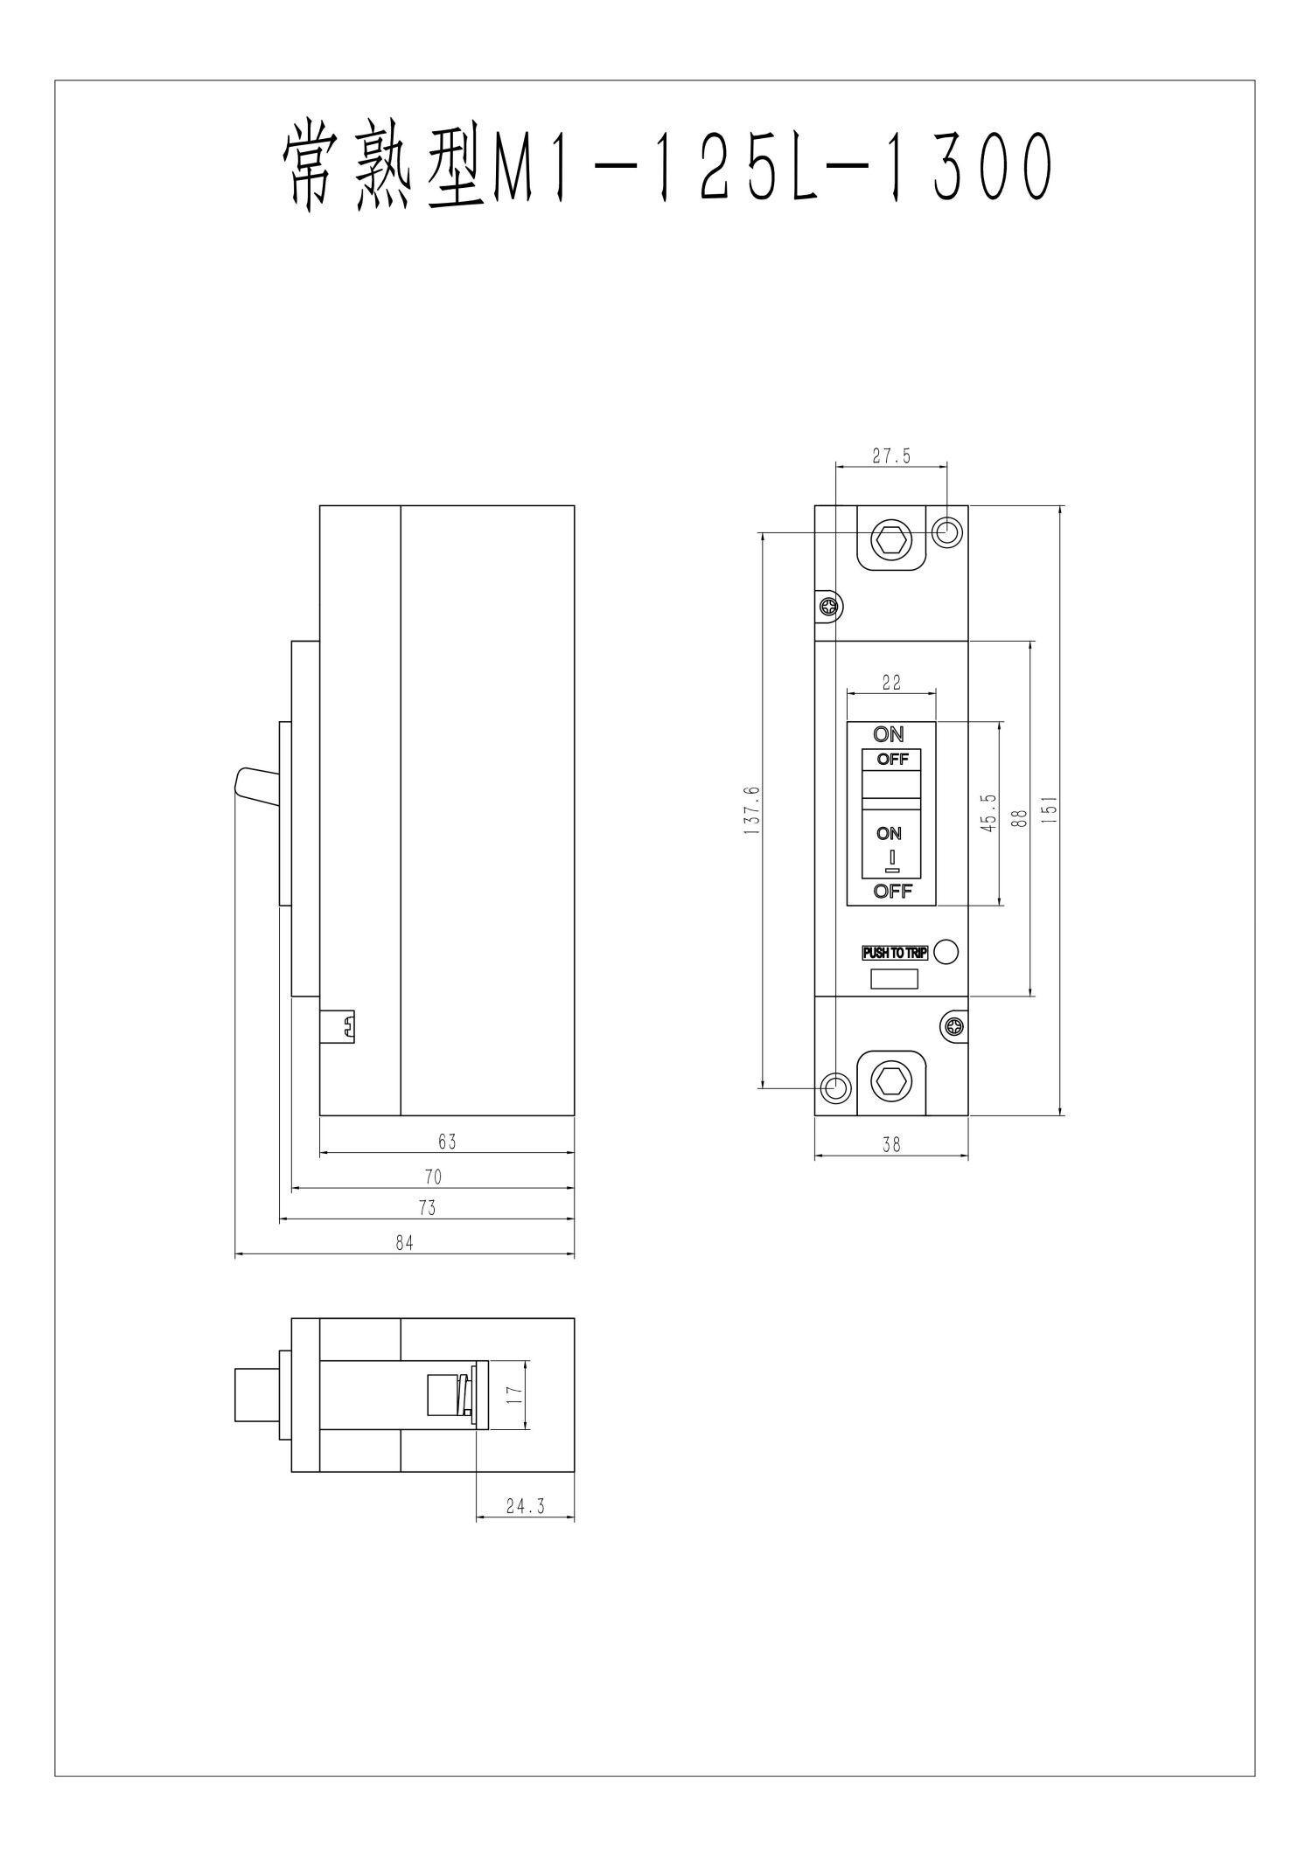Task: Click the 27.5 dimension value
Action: tap(891, 455)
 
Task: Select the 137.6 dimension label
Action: tap(752, 810)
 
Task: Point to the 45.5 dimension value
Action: tap(987, 813)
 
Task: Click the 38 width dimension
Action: tap(891, 1144)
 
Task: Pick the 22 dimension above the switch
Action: tap(891, 683)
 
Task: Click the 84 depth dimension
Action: tap(403, 1243)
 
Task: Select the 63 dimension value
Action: tap(447, 1142)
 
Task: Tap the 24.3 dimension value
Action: tap(525, 1506)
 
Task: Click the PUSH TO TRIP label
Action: tap(895, 953)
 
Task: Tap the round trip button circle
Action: tap(946, 952)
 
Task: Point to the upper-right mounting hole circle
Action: tap(947, 531)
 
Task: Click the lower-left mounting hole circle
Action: tap(835, 1087)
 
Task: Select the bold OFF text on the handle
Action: tap(892, 759)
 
